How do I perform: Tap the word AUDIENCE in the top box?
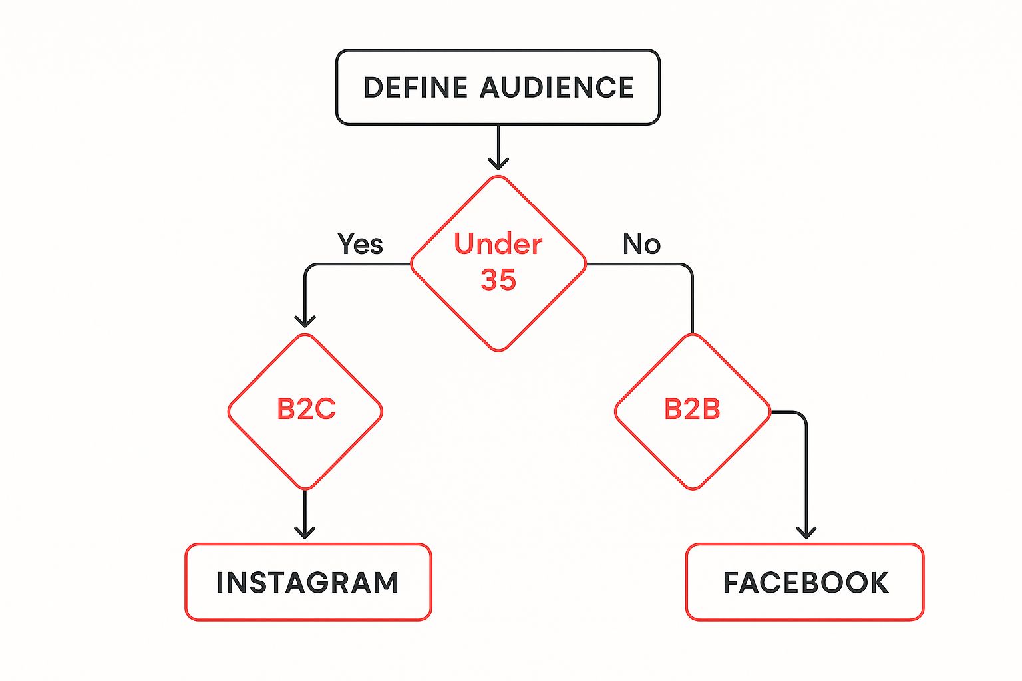(x=556, y=88)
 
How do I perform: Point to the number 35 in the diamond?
(x=498, y=280)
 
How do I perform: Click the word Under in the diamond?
(x=498, y=244)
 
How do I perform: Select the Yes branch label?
(x=360, y=244)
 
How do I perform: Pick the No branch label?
(x=641, y=244)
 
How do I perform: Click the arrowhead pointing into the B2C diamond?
(x=305, y=321)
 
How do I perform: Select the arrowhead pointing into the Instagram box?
(x=305, y=531)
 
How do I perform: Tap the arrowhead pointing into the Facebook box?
(x=806, y=531)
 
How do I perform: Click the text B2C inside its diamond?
(x=306, y=409)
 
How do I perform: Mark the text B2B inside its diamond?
(x=692, y=409)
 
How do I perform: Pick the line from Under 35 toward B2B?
(x=692, y=299)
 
